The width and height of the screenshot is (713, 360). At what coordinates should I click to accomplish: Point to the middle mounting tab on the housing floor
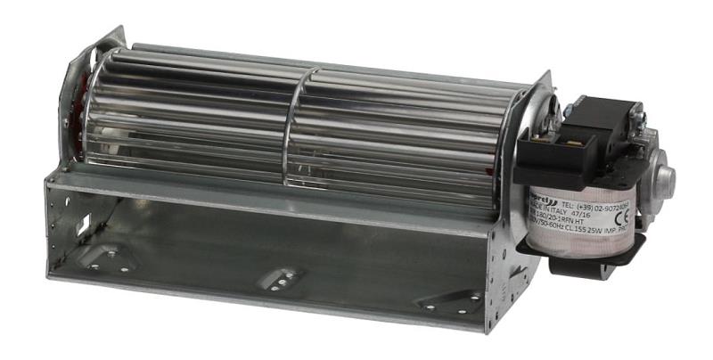coord(280,280)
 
